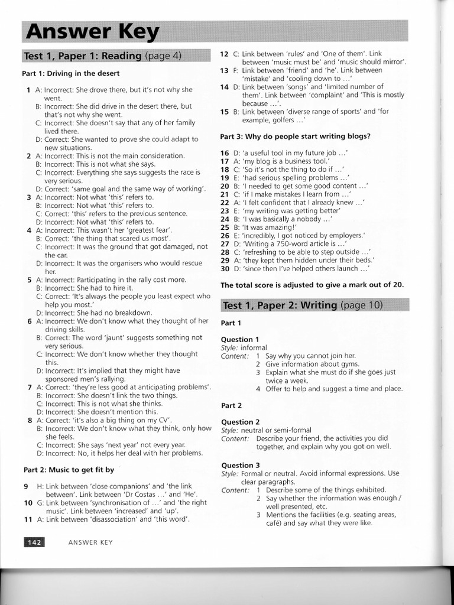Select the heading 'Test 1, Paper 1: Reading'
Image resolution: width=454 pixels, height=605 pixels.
pos(83,56)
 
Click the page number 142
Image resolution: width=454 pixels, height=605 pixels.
pos(34,542)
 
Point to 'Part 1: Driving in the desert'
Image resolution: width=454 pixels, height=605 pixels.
pos(71,74)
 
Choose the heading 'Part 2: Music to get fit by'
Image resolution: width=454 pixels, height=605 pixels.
pos(69,470)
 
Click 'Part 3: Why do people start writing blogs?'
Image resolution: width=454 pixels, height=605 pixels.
pos(295,136)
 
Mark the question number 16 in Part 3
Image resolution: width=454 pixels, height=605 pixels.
pos(225,153)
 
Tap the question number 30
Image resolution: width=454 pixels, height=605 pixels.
pos(225,268)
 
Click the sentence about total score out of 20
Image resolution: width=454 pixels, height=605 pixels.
pos(312,285)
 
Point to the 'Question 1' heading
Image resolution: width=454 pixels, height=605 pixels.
pos(239,339)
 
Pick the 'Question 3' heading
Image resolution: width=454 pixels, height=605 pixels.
pos(240,465)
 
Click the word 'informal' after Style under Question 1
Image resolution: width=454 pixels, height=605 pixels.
pos(254,347)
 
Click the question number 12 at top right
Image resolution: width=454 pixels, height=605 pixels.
pos(224,54)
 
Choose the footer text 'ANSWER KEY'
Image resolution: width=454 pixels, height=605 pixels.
pos(90,542)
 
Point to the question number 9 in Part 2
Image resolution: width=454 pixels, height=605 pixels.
pos(26,486)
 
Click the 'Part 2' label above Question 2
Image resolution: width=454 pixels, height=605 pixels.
pos(231,405)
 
